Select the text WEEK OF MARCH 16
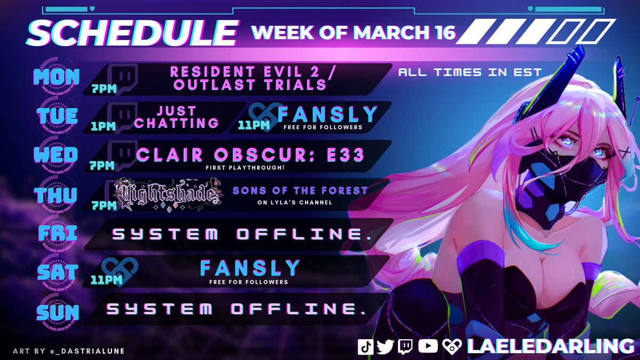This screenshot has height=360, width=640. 353,33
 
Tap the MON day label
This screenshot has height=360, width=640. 56,77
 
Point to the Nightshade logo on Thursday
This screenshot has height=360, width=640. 170,194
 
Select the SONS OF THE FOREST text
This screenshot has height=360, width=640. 300,190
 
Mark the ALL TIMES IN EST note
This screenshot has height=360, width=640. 469,72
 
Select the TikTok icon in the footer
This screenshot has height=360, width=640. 365,347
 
